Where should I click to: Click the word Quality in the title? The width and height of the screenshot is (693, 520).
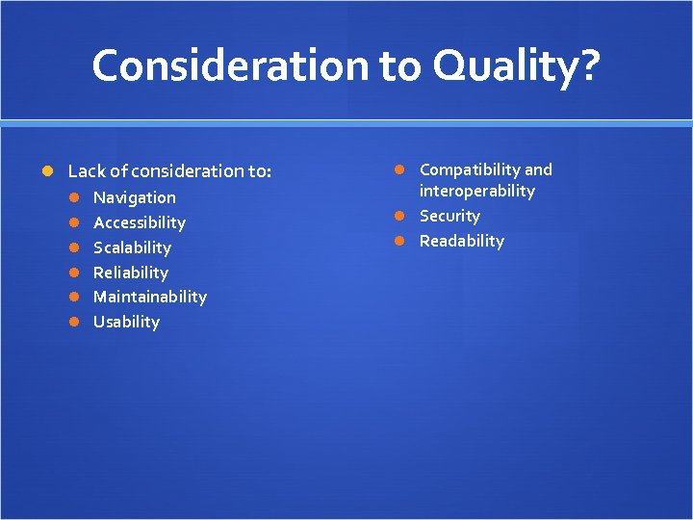pos(506,65)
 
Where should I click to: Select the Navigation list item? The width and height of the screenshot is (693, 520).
pos(134,197)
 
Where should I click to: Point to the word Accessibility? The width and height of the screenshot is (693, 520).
pos(139,222)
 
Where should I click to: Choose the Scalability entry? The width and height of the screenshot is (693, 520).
pos(132,247)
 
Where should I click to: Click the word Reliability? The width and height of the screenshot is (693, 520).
pos(130,273)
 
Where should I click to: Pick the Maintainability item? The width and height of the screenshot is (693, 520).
pos(149,297)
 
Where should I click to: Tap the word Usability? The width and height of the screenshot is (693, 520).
pos(126,322)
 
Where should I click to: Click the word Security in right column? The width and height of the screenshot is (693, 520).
pos(449,216)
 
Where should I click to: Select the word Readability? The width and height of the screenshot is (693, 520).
pos(461,241)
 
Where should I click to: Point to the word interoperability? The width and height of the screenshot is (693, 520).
pos(476,191)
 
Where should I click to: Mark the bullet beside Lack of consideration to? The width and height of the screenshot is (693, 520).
pos(48,171)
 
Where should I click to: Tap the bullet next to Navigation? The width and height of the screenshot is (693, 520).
pos(74,197)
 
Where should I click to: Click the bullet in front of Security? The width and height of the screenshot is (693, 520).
pos(401,216)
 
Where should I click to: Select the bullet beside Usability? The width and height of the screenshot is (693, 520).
pos(74,322)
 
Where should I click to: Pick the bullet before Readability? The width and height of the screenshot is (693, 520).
pos(401,241)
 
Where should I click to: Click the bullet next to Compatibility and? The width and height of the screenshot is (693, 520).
pos(401,170)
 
